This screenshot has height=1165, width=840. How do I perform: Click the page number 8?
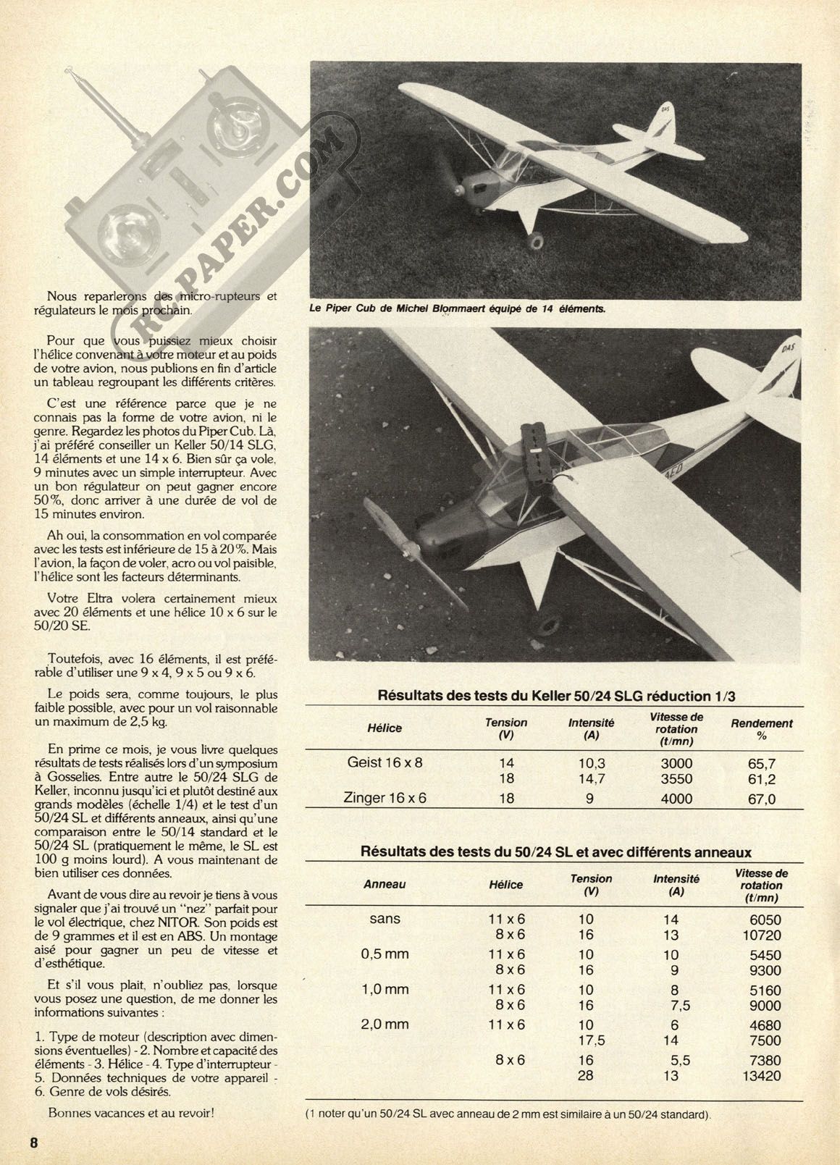click(33, 1143)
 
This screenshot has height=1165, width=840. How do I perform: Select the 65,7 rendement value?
click(761, 763)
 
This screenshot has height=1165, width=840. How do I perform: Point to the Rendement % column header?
click(762, 729)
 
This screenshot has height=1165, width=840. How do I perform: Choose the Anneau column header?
click(385, 884)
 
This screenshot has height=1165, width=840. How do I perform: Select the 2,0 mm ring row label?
click(385, 1024)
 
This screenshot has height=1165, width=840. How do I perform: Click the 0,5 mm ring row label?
click(385, 954)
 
